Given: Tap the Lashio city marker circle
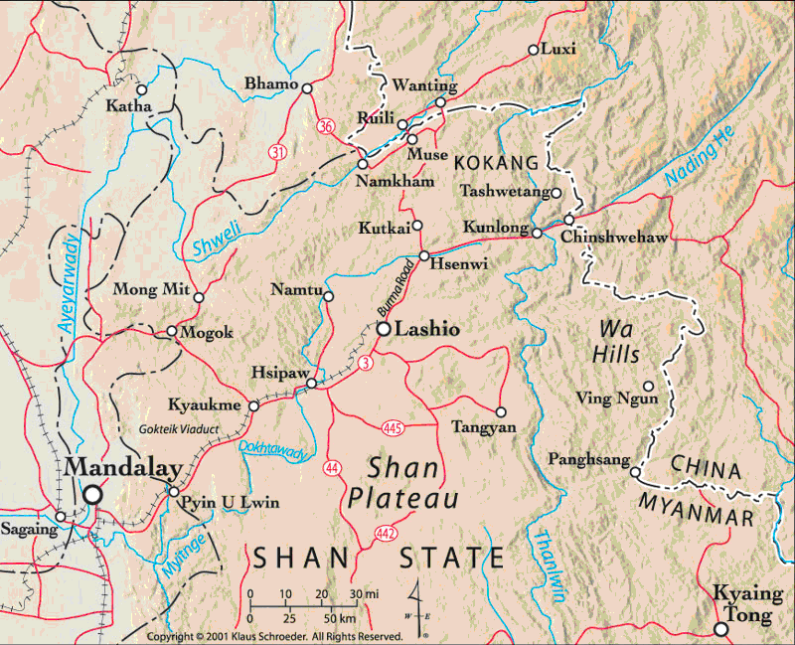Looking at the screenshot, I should (x=382, y=328).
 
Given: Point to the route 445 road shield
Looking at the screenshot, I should (x=391, y=427).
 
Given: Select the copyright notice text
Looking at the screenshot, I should (x=274, y=636).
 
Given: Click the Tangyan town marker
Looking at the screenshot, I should (x=500, y=411).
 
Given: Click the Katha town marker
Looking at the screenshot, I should (x=140, y=88).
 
